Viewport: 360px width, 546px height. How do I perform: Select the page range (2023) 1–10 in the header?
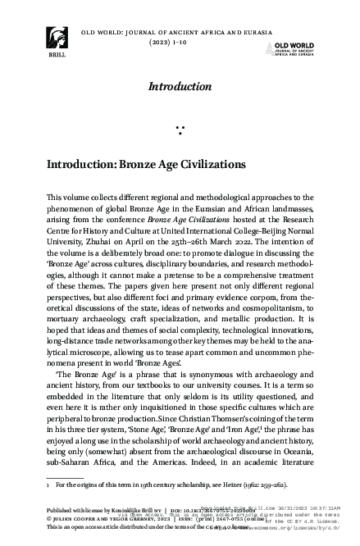coord(180,42)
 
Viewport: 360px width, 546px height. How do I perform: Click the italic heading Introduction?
coord(180,86)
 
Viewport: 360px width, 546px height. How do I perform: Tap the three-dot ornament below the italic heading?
coord(180,128)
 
